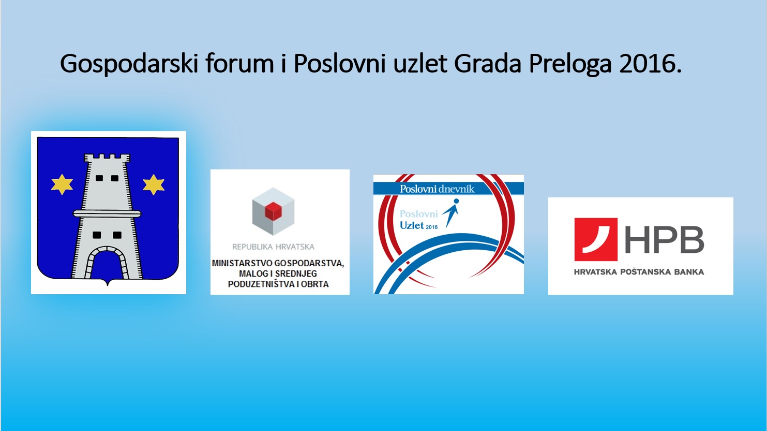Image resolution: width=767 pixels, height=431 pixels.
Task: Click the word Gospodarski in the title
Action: [x=129, y=64]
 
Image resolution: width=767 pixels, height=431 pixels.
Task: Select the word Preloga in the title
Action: [x=570, y=64]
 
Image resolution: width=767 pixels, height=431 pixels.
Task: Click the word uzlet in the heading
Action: [x=420, y=63]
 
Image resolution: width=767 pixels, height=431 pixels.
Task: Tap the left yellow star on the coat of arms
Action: [x=62, y=184]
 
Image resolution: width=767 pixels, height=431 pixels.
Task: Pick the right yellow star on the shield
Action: [x=154, y=184]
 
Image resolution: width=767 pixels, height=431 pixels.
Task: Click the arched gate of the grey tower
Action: [x=107, y=262]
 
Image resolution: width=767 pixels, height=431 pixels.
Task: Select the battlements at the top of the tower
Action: [x=107, y=158]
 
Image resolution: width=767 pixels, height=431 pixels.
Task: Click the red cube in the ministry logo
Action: [x=273, y=211]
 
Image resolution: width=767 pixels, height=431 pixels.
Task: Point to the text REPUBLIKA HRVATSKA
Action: [x=273, y=247]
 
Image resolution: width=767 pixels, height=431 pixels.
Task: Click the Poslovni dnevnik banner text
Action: [x=437, y=189]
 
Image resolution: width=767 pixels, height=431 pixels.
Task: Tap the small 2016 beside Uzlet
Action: [x=432, y=227]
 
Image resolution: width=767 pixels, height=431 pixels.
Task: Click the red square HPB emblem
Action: [x=596, y=239]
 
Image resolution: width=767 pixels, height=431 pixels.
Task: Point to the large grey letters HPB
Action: [x=664, y=239]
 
